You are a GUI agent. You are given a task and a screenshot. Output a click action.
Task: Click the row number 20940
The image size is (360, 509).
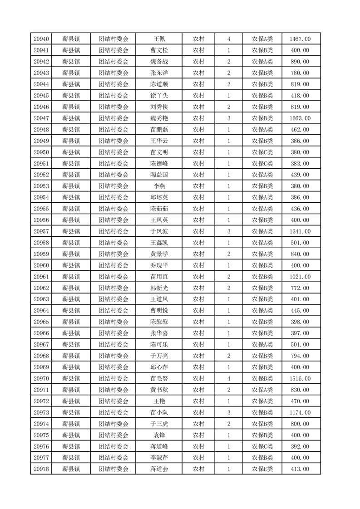click(x=41, y=39)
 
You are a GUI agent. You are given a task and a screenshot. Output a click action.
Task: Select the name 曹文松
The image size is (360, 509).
click(x=159, y=50)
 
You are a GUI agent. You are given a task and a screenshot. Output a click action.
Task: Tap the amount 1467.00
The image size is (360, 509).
click(x=300, y=39)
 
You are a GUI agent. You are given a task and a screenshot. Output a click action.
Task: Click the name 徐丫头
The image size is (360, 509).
click(x=159, y=96)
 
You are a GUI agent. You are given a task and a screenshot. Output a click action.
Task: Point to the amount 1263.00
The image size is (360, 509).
click(x=300, y=118)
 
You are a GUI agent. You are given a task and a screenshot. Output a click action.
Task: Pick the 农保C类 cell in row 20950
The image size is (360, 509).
click(x=262, y=152)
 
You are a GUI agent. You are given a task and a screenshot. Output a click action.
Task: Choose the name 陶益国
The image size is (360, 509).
click(x=159, y=175)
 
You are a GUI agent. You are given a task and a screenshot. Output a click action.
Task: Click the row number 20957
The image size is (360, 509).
click(x=41, y=231)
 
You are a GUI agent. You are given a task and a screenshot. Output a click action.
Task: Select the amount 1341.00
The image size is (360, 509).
click(x=300, y=231)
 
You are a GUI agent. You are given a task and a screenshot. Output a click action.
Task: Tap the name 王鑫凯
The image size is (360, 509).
click(x=159, y=243)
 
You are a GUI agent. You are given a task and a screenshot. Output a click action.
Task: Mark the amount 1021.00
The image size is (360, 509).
click(x=300, y=277)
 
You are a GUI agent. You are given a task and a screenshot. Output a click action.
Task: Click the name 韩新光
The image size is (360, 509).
click(x=159, y=288)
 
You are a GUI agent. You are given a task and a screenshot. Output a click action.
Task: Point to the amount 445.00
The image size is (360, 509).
click(x=300, y=310)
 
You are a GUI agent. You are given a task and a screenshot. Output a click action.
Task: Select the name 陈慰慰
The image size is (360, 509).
click(x=159, y=322)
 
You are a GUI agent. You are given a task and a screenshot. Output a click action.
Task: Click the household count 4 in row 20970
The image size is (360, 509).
click(x=228, y=378)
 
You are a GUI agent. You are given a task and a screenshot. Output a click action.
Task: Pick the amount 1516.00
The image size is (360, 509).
click(x=300, y=378)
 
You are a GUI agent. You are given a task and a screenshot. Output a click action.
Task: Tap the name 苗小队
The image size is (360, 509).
click(x=159, y=412)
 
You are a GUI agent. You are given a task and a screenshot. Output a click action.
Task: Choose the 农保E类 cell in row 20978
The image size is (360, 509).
click(x=262, y=469)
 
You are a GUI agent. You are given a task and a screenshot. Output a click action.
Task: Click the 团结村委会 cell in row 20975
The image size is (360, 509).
click(x=113, y=435)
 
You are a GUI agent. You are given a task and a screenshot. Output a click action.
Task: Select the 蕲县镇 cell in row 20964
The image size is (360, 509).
click(x=71, y=310)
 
